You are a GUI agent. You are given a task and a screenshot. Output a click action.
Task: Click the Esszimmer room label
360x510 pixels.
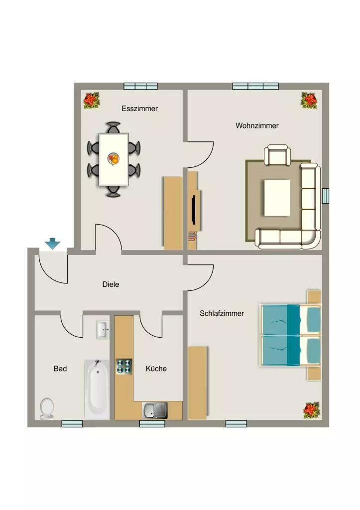click(x=139, y=109)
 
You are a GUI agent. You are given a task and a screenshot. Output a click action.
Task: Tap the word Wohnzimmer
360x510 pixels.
click(x=257, y=126)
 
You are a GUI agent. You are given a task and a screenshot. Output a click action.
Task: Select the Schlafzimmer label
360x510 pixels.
click(x=222, y=314)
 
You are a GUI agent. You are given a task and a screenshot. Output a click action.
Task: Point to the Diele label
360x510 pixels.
click(x=111, y=284)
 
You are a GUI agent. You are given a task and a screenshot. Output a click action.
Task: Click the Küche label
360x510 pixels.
click(x=156, y=369)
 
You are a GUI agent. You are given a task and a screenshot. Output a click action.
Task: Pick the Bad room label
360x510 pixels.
click(x=60, y=369)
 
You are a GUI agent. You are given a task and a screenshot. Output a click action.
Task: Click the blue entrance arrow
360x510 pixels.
click(x=52, y=244)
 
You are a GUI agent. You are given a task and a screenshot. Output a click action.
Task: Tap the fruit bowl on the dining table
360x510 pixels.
click(x=114, y=159)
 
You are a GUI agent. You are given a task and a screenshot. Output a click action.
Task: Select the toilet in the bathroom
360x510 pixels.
click(x=47, y=408)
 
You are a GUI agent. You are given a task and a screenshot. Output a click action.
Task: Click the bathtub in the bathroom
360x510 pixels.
click(x=97, y=389)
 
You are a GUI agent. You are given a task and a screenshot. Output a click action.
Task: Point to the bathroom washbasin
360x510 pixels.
click(x=103, y=330)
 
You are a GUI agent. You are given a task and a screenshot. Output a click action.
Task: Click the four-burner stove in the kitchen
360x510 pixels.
click(x=124, y=367)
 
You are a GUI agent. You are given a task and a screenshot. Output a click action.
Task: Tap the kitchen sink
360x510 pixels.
click(x=155, y=410)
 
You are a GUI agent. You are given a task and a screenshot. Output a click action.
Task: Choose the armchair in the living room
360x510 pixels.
click(x=277, y=155)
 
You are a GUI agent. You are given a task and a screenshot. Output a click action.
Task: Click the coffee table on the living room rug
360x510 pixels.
click(x=277, y=198)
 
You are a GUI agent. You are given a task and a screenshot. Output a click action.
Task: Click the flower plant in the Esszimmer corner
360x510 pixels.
click(x=92, y=101)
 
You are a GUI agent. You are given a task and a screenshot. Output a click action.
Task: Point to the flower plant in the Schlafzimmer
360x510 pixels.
click(x=312, y=410)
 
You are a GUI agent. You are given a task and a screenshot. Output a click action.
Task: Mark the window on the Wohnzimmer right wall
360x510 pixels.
click(x=326, y=196)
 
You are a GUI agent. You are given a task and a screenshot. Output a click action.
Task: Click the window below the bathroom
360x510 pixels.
click(x=72, y=423)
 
